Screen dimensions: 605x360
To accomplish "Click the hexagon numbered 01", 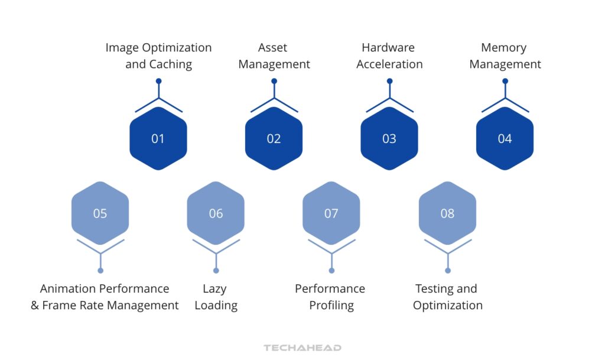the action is tap(158, 138).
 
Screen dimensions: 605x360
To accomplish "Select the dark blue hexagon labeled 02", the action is tap(274, 138).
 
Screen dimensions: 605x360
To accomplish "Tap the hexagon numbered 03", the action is tap(389, 138).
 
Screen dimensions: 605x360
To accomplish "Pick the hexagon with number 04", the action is tap(505, 138).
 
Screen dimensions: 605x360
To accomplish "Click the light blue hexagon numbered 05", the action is tap(100, 213).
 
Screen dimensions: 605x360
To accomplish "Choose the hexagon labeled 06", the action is tap(216, 213).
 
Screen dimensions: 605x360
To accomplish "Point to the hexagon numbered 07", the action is tap(331, 213).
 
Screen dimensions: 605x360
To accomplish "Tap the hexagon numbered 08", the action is tap(448, 213).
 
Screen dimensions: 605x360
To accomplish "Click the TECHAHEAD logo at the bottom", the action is tap(302, 348).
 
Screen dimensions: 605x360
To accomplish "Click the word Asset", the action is tap(272, 47).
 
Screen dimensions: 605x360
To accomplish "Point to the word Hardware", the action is tap(388, 47).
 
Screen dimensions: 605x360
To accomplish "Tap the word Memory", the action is tap(504, 48).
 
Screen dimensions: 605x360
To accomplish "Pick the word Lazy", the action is tap(214, 289).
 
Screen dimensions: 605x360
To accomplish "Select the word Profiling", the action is tap(331, 306).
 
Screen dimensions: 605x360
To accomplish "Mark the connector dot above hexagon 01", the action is tap(158, 81).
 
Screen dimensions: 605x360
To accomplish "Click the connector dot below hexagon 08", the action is tap(448, 271).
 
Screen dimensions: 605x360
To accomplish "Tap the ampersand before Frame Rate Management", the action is tap(35, 306).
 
